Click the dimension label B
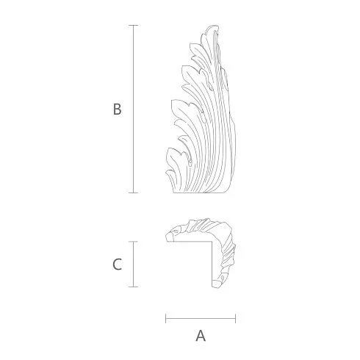pos(118,109)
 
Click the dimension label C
pos(117,264)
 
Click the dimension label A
pos(201,336)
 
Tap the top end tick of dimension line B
pos(133,25)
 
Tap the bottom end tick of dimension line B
pos(133,192)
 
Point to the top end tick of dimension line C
pos(133,242)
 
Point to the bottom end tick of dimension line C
pos(133,287)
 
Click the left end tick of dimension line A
pos(166,318)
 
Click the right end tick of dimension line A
pos(235,318)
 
